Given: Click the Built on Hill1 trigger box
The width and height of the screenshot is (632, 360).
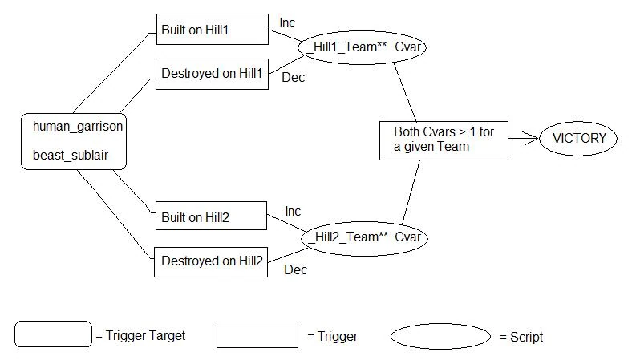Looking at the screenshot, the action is coord(213,30).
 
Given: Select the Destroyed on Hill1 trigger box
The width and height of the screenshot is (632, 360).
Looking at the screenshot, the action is coord(212,75).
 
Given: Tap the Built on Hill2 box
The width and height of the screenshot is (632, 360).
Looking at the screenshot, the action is coord(211,216).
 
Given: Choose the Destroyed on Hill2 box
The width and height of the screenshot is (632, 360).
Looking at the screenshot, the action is coord(211,262).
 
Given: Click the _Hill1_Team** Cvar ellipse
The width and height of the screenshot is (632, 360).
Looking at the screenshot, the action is coord(362,47).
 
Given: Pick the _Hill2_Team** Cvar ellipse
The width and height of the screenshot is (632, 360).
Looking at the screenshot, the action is coord(364,238).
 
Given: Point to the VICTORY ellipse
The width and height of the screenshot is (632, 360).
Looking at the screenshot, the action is coord(578,139).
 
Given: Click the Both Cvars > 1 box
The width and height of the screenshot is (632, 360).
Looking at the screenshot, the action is coord(444,140).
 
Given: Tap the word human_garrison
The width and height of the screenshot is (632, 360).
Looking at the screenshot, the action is coord(78,126).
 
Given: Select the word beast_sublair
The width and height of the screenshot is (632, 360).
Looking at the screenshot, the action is coord(71,156).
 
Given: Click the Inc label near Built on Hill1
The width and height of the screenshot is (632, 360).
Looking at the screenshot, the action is coord(287,23).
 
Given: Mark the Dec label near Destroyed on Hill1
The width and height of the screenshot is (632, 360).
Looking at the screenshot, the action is coord(293,78).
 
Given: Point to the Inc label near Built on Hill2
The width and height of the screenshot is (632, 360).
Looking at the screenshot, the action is coord(293,211).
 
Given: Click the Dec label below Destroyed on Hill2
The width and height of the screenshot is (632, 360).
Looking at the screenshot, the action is coord(295,269).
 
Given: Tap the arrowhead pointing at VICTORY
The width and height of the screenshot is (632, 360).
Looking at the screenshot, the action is coord(531,138).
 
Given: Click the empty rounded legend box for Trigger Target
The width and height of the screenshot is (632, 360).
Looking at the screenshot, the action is coord(53,334).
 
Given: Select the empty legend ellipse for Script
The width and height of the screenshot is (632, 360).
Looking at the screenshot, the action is coord(440,336).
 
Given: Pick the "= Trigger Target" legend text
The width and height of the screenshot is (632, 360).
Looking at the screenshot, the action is coord(140,335).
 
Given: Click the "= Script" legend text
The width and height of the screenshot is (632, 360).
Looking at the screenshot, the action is coord(521,337).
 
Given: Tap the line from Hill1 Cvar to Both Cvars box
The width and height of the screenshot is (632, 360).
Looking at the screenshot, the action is coord(405,92).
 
